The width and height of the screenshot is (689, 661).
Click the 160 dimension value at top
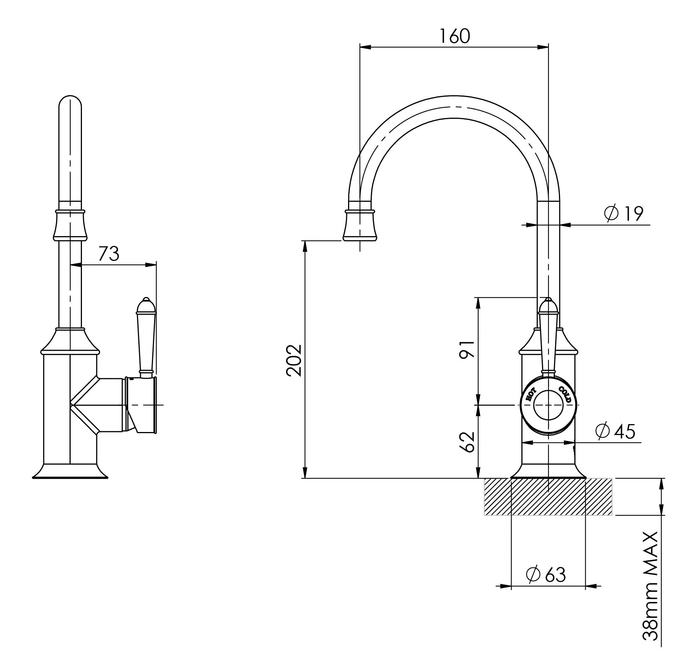pos(454,36)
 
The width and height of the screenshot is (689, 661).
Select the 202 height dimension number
pos(294,360)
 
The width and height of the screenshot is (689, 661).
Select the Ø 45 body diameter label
pos(615,431)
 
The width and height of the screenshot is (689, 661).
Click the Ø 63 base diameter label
pos(546,574)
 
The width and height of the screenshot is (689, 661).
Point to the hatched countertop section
pos(548,496)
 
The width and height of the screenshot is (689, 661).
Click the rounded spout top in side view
pos(70,103)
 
